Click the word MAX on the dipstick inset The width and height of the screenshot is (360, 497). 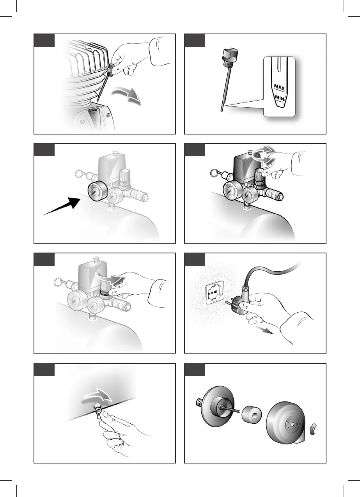pos(279,87)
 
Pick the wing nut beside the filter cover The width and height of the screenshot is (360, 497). pos(312,426)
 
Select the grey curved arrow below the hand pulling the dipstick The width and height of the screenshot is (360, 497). pos(127,95)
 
